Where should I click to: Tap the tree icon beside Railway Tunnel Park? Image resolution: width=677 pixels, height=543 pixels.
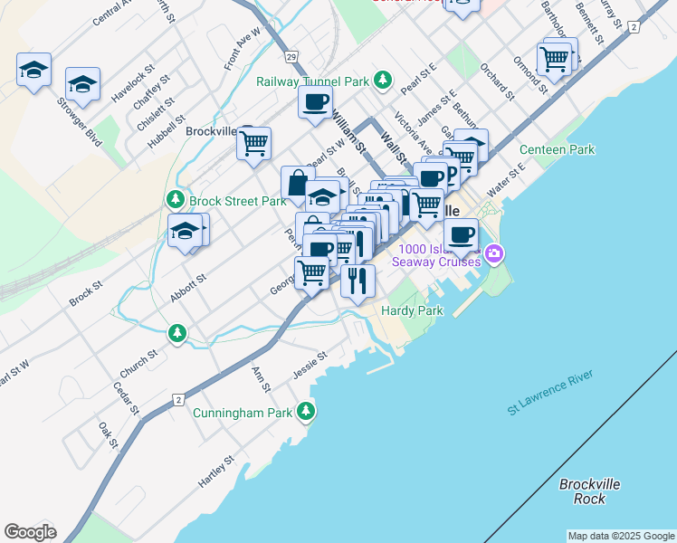point(383,81)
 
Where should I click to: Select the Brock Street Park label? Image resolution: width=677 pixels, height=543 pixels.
point(237,200)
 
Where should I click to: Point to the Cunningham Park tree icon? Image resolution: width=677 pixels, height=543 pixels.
point(307,412)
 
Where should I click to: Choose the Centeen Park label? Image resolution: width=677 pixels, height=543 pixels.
point(557,149)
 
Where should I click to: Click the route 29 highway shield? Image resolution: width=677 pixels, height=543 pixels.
point(291,57)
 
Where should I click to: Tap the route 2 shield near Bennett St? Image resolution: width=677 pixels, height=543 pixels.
point(634,28)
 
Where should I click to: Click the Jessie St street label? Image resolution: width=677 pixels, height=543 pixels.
point(309,366)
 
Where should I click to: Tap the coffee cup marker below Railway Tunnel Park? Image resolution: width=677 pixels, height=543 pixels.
point(315,103)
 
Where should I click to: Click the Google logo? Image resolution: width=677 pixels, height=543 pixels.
point(30,532)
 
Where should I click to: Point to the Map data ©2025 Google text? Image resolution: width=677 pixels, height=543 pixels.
point(621,536)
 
